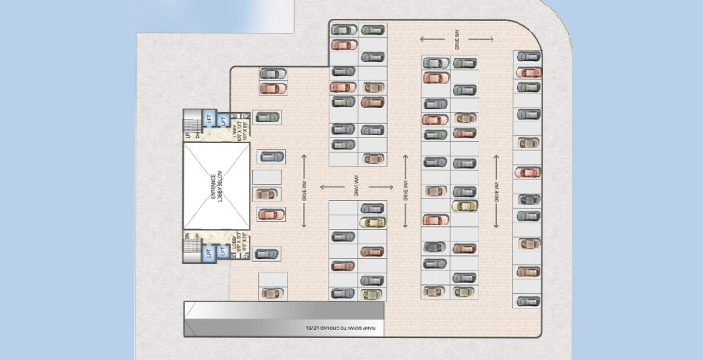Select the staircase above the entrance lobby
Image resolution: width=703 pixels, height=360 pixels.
click(x=193, y=123)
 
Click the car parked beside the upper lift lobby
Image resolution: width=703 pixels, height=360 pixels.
click(x=267, y=118)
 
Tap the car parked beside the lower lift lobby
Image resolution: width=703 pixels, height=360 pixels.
click(x=267, y=252)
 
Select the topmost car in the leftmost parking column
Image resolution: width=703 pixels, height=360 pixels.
click(x=272, y=72)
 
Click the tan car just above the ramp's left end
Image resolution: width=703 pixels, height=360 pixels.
click(x=271, y=293)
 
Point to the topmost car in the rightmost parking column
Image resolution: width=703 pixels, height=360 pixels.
click(x=528, y=58)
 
